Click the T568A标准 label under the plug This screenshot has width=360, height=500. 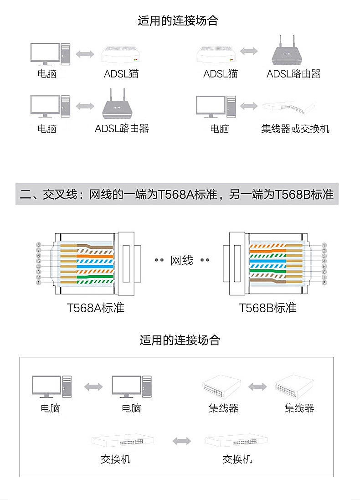pyautogui.click(x=95, y=308)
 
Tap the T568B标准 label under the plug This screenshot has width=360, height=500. pyautogui.click(x=268, y=308)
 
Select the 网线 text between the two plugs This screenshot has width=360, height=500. pyautogui.click(x=182, y=260)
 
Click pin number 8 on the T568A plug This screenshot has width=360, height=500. pyautogui.click(x=39, y=245)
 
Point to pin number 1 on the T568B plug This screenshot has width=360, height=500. pyautogui.click(x=324, y=245)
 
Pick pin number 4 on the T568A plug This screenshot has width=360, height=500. pyautogui.click(x=39, y=267)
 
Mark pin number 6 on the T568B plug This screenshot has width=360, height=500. pyautogui.click(x=324, y=272)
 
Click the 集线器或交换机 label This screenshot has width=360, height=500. pyautogui.click(x=295, y=129)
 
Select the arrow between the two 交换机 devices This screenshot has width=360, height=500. pyautogui.click(x=182, y=441)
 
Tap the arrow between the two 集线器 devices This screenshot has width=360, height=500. pyautogui.click(x=257, y=387)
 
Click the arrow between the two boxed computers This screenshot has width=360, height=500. pyautogui.click(x=93, y=387)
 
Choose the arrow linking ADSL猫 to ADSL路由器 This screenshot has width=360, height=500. pyautogui.click(x=249, y=52)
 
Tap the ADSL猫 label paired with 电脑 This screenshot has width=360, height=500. pyautogui.click(x=121, y=73)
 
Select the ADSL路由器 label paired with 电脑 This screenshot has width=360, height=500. pyautogui.click(x=122, y=129)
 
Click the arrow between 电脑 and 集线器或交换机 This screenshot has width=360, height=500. pyautogui.click(x=249, y=106)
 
